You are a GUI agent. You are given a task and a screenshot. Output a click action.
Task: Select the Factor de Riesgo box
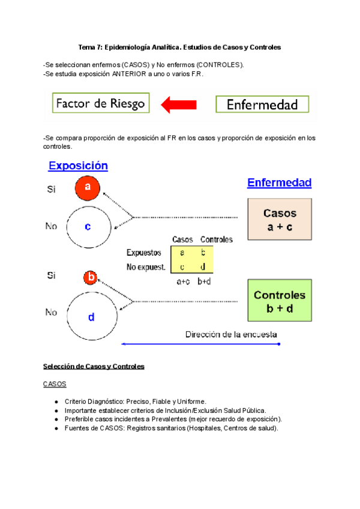pyautogui.click(x=100, y=103)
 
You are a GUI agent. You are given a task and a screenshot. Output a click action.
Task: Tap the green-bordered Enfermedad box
pyautogui.click(x=262, y=105)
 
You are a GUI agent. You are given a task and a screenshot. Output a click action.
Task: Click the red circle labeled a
pyautogui.click(x=88, y=188)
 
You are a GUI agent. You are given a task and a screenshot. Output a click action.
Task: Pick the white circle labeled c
pyautogui.click(x=88, y=226)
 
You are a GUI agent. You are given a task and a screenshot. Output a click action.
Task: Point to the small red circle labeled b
pyautogui.click(x=91, y=277)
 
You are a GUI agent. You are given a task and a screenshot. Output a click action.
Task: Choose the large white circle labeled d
pyautogui.click(x=91, y=318)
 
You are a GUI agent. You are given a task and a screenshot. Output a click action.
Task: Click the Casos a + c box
pyautogui.click(x=280, y=219)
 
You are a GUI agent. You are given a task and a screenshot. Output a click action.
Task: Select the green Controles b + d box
pyautogui.click(x=280, y=300)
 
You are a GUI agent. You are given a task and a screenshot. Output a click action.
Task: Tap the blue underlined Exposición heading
pyautogui.click(x=78, y=166)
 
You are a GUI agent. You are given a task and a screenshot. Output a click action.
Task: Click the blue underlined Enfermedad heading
pyautogui.click(x=279, y=182)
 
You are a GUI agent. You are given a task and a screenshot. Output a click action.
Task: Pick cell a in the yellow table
pyautogui.click(x=182, y=253)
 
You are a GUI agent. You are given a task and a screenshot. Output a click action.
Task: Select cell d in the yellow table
pyautogui.click(x=203, y=267)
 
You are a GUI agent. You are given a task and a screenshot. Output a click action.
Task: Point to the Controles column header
pyautogui.click(x=216, y=239)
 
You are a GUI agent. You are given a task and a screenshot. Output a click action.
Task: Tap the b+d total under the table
pyautogui.click(x=205, y=280)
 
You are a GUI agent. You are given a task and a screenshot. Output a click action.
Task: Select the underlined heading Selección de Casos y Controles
pyautogui.click(x=94, y=366)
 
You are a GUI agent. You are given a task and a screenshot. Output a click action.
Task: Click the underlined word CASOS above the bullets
pyautogui.click(x=55, y=384)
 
